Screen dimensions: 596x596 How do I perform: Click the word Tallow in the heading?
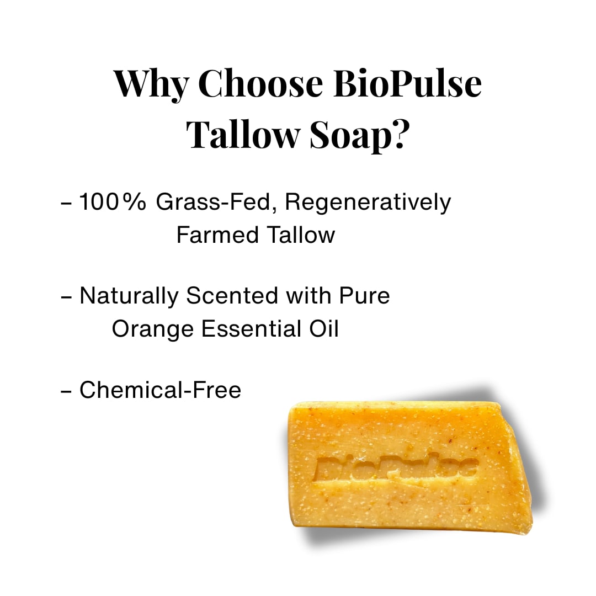(243, 134)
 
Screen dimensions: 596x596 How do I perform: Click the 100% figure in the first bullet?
(113, 203)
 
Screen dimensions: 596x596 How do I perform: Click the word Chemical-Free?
(160, 390)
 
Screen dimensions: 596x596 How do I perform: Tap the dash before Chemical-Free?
(66, 391)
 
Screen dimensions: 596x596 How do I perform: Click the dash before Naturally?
(66, 297)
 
